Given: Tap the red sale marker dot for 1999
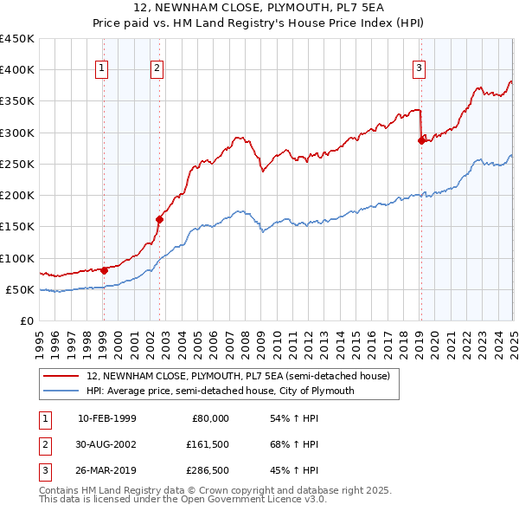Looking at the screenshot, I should [104, 269].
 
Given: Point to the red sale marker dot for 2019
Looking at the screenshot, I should [421, 141].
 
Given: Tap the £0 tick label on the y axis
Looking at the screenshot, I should [28, 320].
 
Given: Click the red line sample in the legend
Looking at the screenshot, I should [61, 377].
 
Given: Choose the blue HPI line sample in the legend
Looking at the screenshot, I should [61, 391].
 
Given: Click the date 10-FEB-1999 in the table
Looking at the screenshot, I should [106, 418].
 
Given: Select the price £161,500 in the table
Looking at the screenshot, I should [208, 445].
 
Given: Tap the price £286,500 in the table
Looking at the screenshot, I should [208, 472].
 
